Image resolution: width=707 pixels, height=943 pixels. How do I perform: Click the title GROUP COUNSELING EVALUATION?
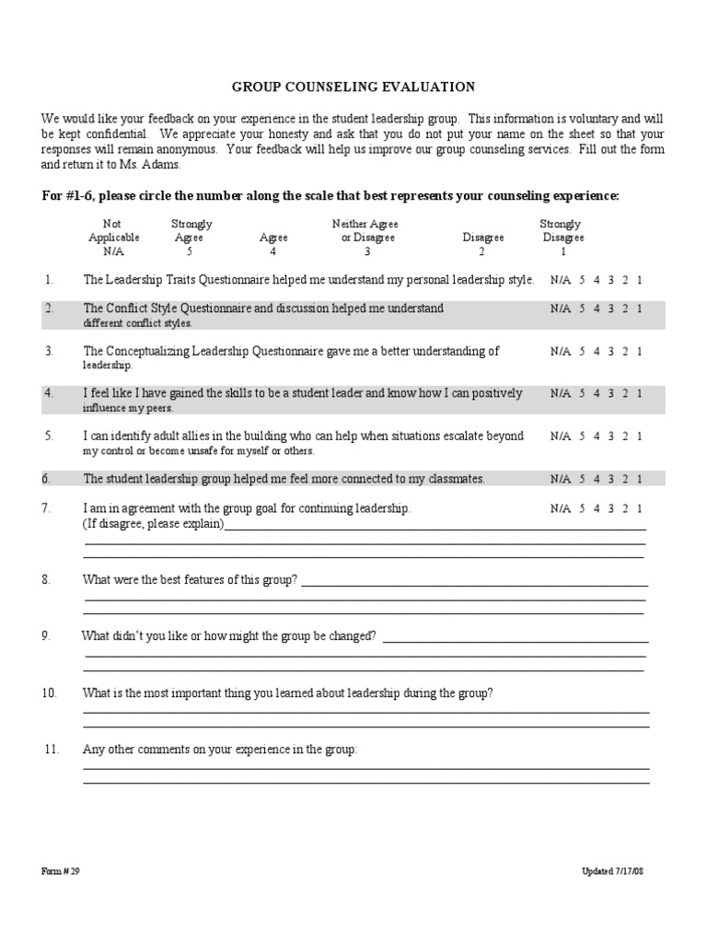point(353,87)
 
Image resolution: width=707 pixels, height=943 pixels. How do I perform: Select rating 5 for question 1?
point(582,280)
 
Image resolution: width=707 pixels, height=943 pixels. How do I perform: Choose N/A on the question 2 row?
point(561,309)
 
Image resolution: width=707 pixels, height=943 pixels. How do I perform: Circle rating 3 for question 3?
point(610,351)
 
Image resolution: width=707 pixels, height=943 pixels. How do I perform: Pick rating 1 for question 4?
point(639,393)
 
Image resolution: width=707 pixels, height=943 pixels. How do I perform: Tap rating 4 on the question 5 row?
point(597,437)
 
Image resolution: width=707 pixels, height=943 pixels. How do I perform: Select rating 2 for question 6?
point(625,479)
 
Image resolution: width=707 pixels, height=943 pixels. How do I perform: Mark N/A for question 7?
point(561,508)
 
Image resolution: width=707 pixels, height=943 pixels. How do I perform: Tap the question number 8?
point(47,579)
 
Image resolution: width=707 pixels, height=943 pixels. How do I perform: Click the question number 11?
point(52,750)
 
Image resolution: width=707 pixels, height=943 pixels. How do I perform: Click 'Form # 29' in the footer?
point(61,871)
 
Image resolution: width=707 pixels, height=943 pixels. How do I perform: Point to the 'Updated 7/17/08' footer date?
point(612,871)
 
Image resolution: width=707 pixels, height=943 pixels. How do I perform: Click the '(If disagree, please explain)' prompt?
point(153,523)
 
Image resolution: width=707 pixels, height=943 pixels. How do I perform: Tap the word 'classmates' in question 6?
point(453,479)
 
